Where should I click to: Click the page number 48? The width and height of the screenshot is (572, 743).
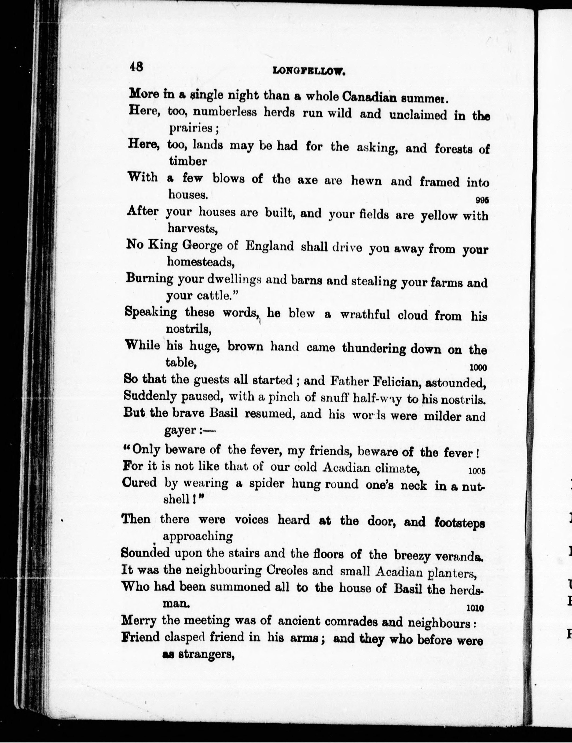point(136,67)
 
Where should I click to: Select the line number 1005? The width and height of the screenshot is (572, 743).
point(476,471)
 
